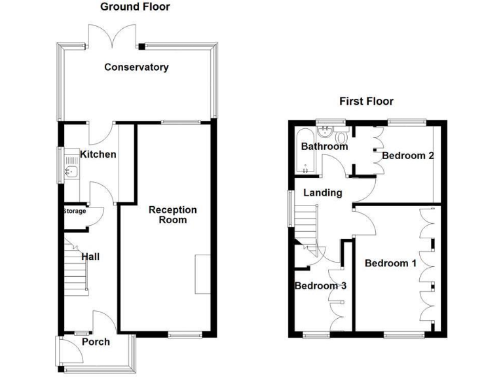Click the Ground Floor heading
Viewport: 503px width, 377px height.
click(134, 7)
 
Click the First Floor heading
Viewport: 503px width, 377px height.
click(366, 101)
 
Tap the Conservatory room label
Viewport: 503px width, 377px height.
click(136, 67)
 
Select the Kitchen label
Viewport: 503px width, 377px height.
click(98, 154)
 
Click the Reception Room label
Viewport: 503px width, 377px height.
click(173, 215)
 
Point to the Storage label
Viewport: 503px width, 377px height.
click(75, 211)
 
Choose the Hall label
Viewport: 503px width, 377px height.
click(90, 257)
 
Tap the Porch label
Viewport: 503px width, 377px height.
click(96, 342)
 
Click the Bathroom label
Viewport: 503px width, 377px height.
click(324, 147)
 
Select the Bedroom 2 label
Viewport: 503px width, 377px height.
click(409, 156)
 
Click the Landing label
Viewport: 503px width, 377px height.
click(322, 192)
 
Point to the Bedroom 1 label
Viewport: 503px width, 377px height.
click(390, 263)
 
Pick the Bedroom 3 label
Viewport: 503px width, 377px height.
click(320, 286)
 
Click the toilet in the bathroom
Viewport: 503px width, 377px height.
click(340, 138)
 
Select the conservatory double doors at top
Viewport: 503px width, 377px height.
click(112, 36)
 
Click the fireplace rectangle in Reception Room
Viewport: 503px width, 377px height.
click(202, 274)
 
